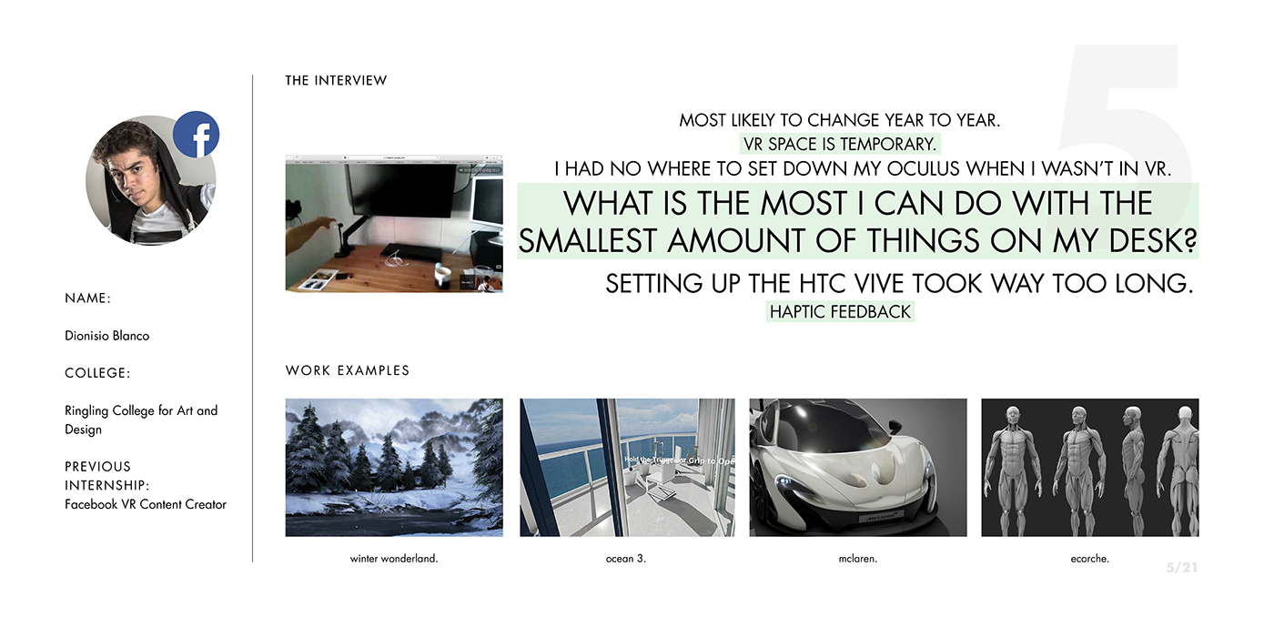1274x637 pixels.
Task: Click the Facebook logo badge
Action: pos(196,135)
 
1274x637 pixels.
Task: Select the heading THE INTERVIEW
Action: pos(336,81)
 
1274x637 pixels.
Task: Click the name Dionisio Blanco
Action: pos(106,336)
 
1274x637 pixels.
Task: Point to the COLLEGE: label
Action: pos(97,373)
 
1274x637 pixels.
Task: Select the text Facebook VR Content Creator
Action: pos(146,504)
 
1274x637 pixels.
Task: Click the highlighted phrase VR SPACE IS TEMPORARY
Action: pos(839,144)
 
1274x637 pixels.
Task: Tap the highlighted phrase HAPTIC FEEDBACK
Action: pos(840,312)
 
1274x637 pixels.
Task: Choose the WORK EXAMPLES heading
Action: pos(348,370)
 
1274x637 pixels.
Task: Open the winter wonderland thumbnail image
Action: pos(394,467)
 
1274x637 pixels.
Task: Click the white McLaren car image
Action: pos(857,467)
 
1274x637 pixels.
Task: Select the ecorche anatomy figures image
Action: pos(1089,467)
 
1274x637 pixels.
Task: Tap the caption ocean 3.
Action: pos(625,559)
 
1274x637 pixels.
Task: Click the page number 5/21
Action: pos(1182,568)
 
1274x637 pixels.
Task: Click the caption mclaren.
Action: pos(857,559)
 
